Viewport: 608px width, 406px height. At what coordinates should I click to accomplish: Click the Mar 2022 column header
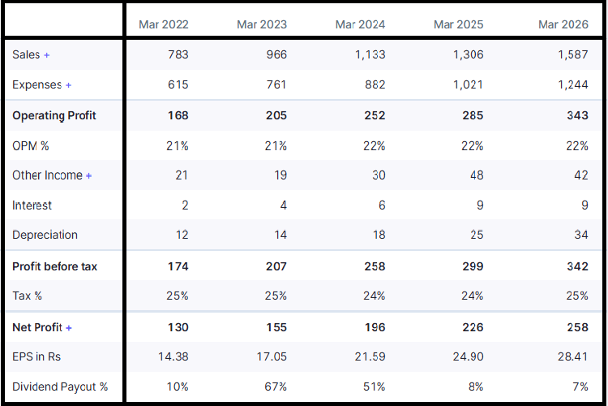[x=164, y=24]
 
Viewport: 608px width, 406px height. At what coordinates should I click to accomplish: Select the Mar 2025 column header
[x=458, y=24]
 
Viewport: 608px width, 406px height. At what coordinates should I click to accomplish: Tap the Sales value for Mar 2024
[x=370, y=54]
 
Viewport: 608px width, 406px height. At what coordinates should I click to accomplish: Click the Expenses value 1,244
[x=572, y=84]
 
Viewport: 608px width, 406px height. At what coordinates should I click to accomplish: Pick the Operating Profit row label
[x=54, y=115]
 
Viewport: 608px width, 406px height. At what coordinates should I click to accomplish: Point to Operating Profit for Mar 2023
[x=276, y=115]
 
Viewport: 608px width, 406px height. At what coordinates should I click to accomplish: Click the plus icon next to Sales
[x=46, y=55]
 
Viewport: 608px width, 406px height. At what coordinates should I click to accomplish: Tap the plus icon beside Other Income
[x=89, y=175]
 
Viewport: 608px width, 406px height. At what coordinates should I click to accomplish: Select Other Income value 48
[x=477, y=175]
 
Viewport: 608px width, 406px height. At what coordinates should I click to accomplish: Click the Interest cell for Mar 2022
[x=185, y=205]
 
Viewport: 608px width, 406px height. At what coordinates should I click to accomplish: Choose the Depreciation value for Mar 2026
[x=581, y=235]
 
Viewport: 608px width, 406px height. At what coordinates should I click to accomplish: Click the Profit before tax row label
[x=54, y=266]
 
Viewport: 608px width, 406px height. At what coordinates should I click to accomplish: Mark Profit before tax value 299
[x=473, y=266]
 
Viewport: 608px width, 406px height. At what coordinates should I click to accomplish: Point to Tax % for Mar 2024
[x=375, y=296]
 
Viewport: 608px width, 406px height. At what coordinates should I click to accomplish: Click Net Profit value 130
[x=178, y=327]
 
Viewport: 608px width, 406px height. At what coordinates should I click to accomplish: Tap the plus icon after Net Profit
[x=69, y=328]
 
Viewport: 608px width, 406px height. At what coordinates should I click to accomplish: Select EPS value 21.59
[x=370, y=356]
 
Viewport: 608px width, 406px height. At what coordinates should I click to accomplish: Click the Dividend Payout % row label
[x=60, y=387]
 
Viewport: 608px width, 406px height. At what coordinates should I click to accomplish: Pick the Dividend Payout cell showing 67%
[x=276, y=387]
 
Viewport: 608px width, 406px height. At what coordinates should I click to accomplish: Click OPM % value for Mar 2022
[x=178, y=146]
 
